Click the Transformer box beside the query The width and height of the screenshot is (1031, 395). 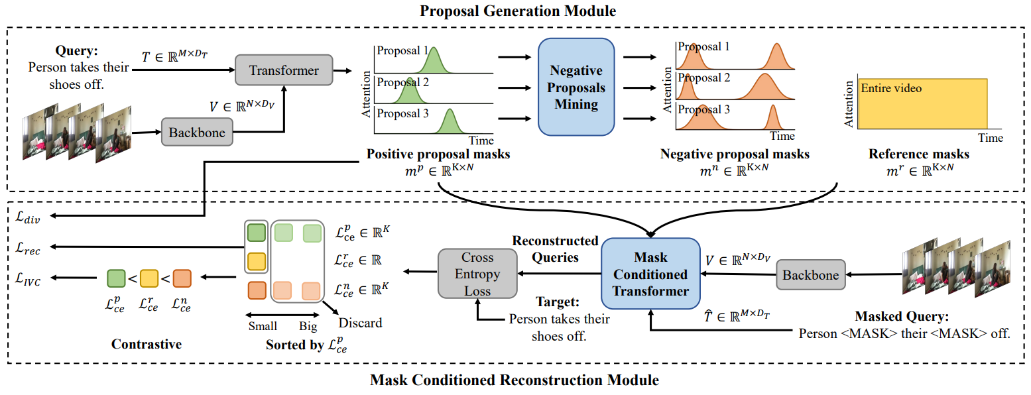pyautogui.click(x=284, y=70)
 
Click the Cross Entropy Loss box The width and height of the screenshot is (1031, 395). pyautogui.click(x=477, y=273)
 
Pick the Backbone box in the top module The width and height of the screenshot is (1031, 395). pyautogui.click(x=197, y=133)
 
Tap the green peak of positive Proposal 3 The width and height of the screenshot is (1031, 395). pyautogui.click(x=450, y=123)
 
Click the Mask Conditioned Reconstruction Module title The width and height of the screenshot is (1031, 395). pyautogui.click(x=515, y=380)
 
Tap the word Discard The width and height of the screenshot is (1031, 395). pyautogui.click(x=360, y=323)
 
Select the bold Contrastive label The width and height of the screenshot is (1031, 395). pyautogui.click(x=147, y=344)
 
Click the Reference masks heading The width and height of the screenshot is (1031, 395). pyautogui.click(x=918, y=154)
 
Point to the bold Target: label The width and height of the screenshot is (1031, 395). pyautogui.click(x=560, y=302)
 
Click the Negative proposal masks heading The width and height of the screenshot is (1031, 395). pyautogui.click(x=735, y=154)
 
